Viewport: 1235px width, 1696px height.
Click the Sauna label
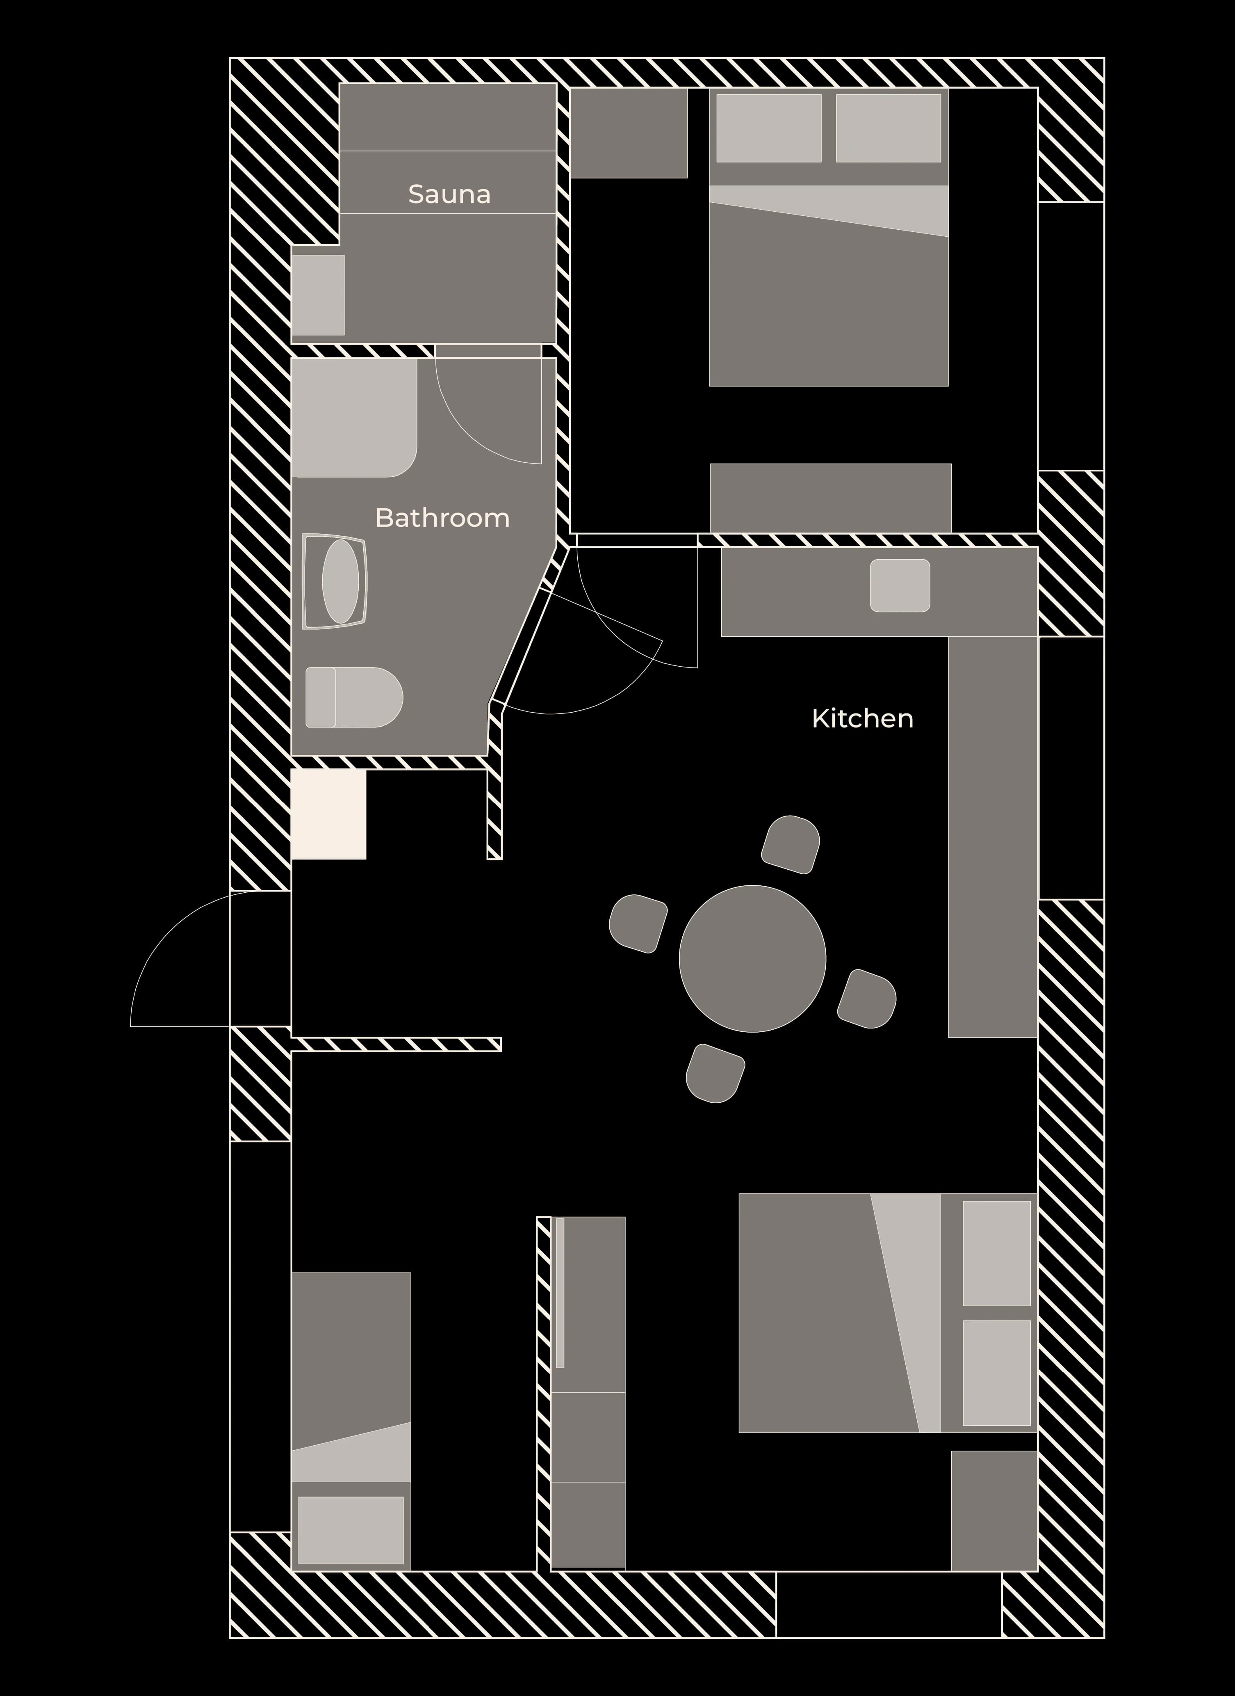(449, 194)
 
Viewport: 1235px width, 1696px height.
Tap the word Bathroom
(442, 517)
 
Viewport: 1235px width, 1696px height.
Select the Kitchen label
(863, 719)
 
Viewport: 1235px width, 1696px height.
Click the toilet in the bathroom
(354, 697)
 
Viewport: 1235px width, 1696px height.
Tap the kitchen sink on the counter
(900, 585)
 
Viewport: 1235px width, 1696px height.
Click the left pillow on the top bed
(768, 128)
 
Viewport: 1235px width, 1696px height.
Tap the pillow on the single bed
(351, 1530)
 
